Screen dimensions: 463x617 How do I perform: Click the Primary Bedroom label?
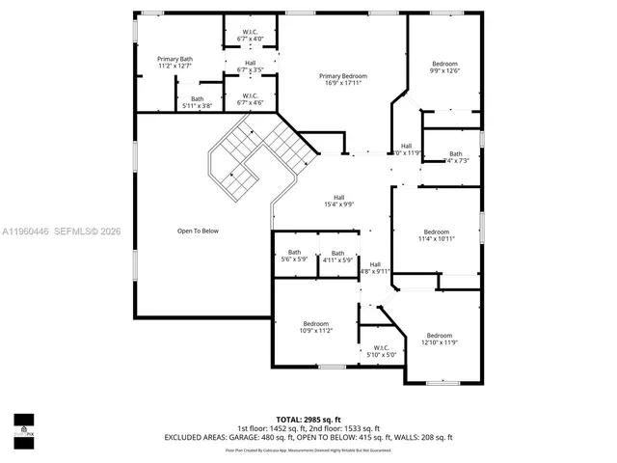(x=343, y=80)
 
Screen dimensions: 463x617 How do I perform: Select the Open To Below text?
(x=198, y=231)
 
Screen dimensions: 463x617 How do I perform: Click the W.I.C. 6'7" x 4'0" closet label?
(x=250, y=36)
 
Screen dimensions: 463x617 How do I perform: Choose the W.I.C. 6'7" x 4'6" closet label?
(x=250, y=99)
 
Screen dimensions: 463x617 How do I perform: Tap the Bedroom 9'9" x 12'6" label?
(x=444, y=68)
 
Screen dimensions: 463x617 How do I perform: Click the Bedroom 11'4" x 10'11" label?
(x=436, y=235)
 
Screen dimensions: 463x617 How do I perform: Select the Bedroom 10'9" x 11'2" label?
(x=316, y=327)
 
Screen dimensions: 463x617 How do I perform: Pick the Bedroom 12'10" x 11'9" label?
(x=439, y=339)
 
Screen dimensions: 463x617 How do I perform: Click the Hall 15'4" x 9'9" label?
(x=339, y=201)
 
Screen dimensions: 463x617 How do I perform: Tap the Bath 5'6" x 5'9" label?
(x=294, y=257)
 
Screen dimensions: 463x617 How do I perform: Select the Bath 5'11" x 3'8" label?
(x=197, y=102)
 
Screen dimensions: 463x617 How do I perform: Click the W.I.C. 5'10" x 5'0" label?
(x=381, y=352)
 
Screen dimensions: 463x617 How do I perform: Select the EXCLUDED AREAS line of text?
(x=308, y=438)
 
